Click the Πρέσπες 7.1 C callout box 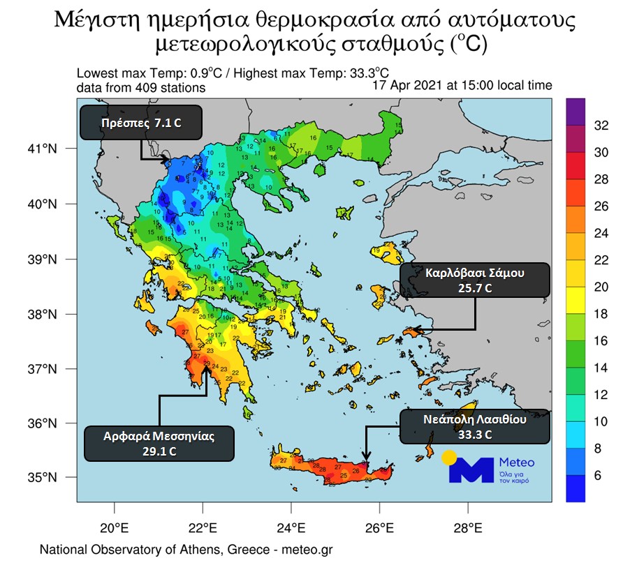pos(142,122)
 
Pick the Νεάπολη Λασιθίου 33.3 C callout pos(476,427)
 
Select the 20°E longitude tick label pos(114,527)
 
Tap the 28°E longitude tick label pos(467,527)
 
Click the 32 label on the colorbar pos(600,126)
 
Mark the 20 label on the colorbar pos(600,287)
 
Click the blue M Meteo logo pos(471,469)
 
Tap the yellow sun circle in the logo pos(449,458)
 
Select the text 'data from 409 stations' pos(140,88)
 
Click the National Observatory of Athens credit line pos(186,550)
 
